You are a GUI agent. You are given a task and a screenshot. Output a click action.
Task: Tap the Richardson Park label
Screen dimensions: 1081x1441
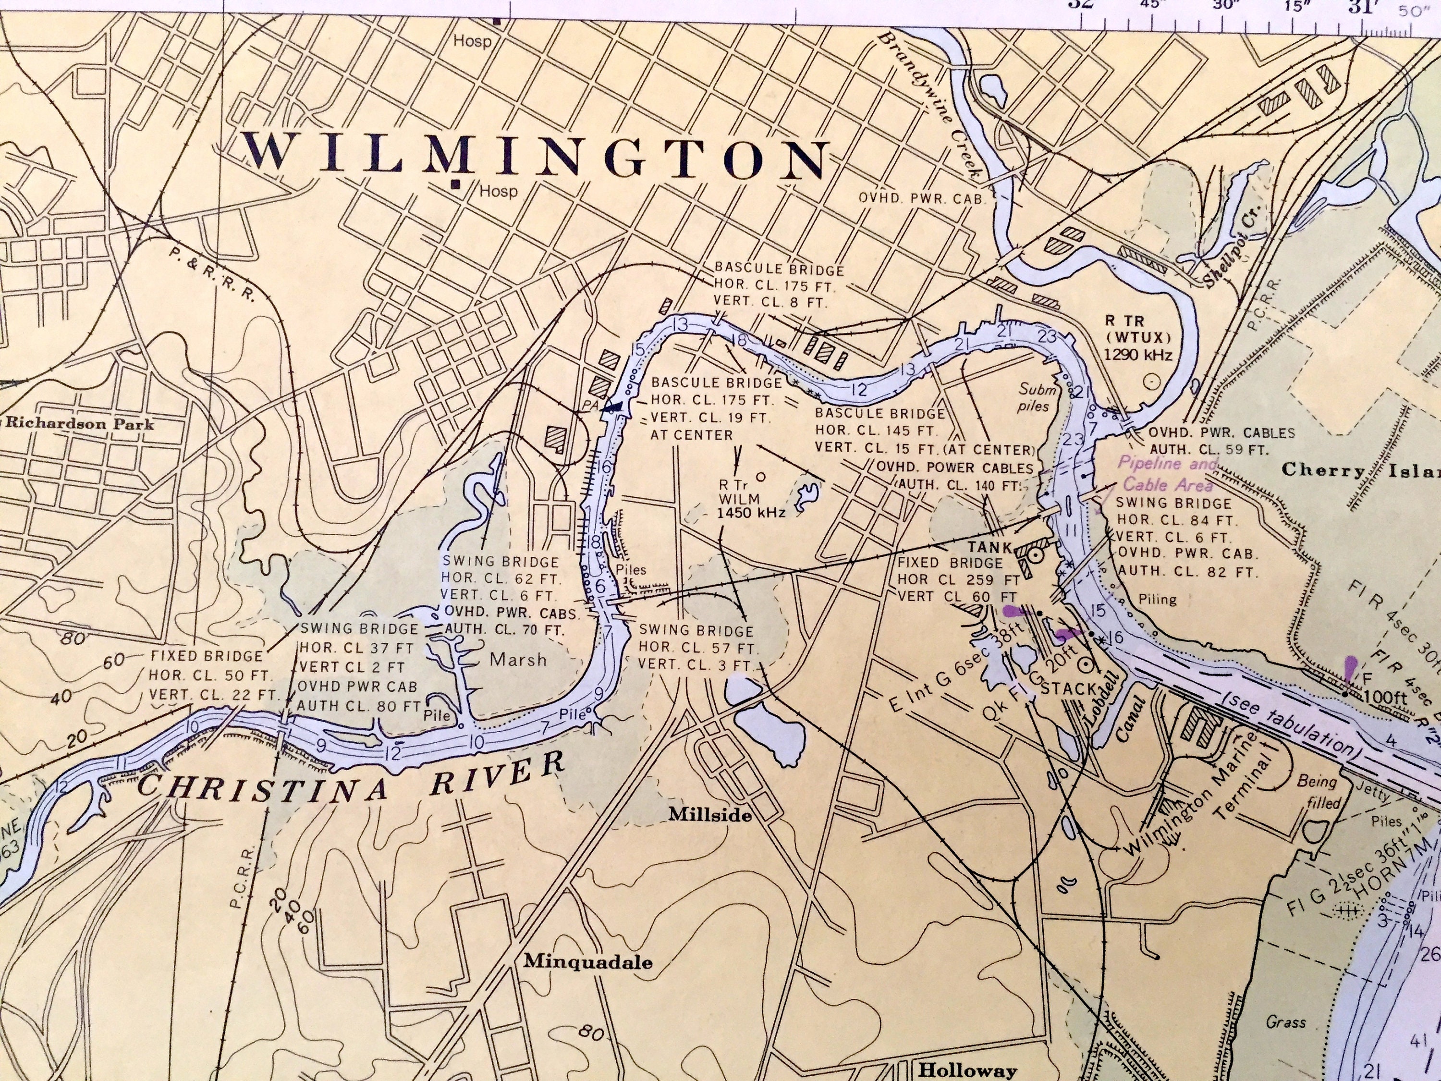pos(79,424)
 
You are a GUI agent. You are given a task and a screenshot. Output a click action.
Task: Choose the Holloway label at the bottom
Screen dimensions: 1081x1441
pos(967,1070)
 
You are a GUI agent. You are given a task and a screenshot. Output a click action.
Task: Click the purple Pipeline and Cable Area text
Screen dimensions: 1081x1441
pos(1166,474)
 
